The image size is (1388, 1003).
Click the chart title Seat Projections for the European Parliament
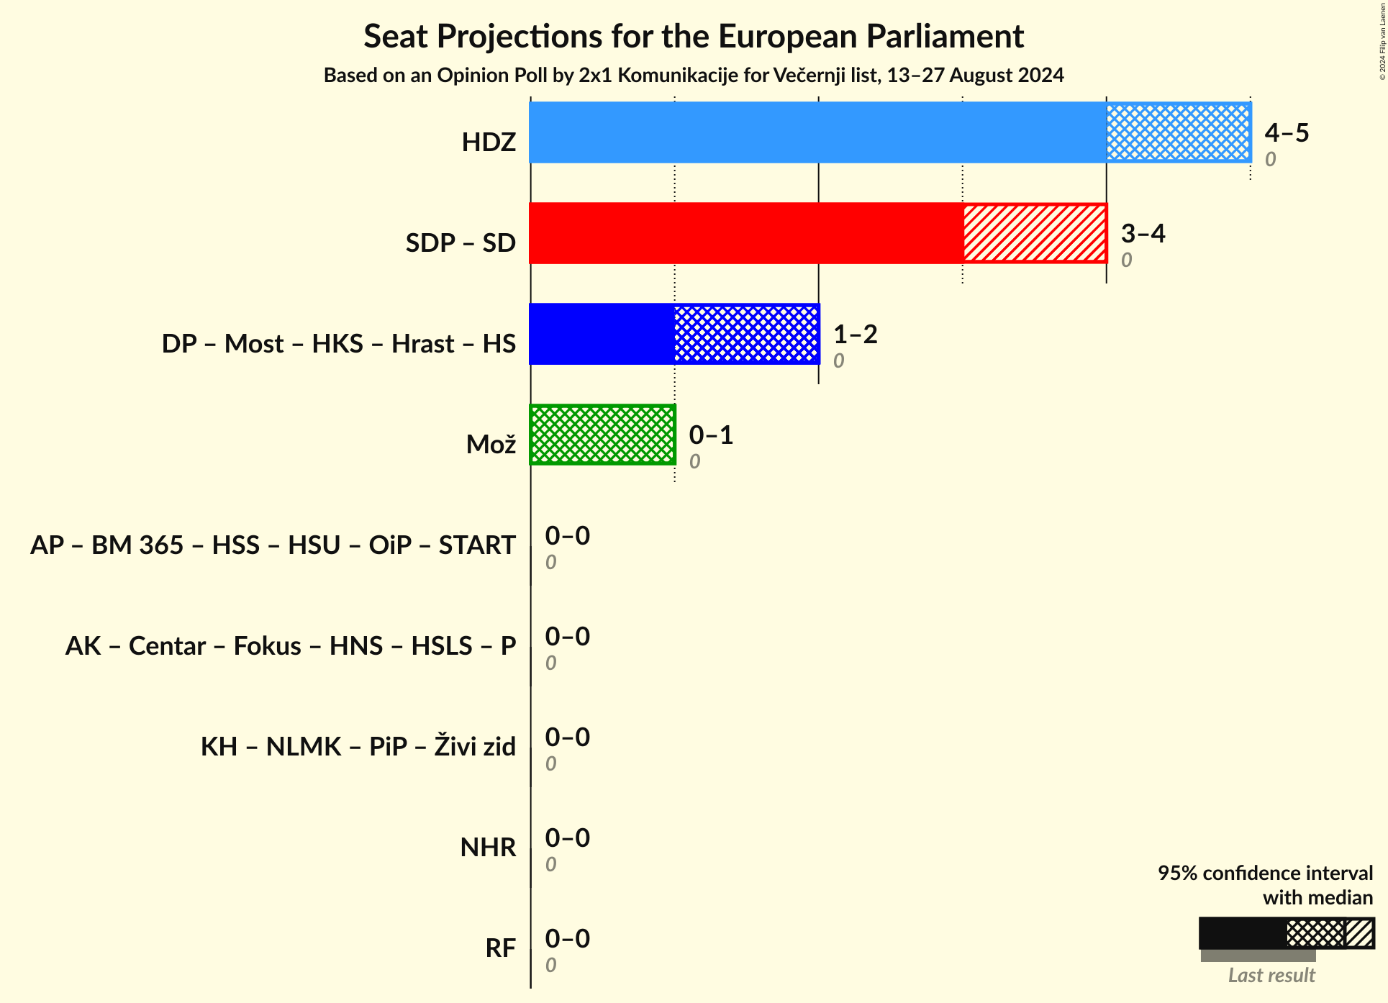(x=693, y=36)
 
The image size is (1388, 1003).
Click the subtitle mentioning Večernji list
(x=693, y=76)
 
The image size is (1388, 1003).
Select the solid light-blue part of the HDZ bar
(x=817, y=132)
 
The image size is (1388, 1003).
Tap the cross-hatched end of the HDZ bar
(x=1178, y=132)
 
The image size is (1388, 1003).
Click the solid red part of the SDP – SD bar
(x=745, y=233)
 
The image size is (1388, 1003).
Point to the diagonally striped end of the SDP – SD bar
(x=1034, y=233)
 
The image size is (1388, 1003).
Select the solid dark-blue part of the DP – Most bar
(x=602, y=334)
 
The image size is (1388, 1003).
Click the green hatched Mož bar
(x=602, y=435)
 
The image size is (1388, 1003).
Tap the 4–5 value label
(x=1287, y=132)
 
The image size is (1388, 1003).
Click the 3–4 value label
(x=1143, y=233)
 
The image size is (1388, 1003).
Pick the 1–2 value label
(x=855, y=334)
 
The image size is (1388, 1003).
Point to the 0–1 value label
(x=711, y=435)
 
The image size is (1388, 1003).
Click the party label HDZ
(x=489, y=142)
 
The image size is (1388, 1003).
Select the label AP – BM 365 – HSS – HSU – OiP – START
(x=273, y=545)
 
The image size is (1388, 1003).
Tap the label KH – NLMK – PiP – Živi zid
(x=358, y=747)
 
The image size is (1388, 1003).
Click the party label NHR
(x=488, y=848)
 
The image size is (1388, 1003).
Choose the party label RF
(x=500, y=948)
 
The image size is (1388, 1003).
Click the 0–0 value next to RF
(x=567, y=938)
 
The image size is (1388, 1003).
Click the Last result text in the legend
(x=1271, y=975)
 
